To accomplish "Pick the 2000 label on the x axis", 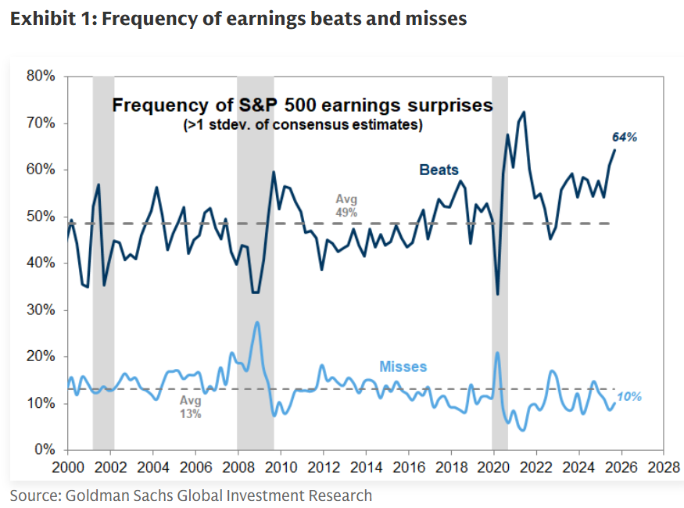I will tap(67, 467).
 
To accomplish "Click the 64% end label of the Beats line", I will tap(624, 137).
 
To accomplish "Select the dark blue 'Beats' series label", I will tap(439, 170).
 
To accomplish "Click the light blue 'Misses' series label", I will tap(403, 367).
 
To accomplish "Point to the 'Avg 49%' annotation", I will tap(346, 205).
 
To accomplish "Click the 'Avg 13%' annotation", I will tap(191, 407).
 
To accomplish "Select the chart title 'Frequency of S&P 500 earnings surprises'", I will tap(303, 105).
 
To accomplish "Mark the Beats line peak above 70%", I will tap(523, 112).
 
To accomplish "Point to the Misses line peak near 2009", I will tap(257, 322).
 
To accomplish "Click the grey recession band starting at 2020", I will tap(500, 258).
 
